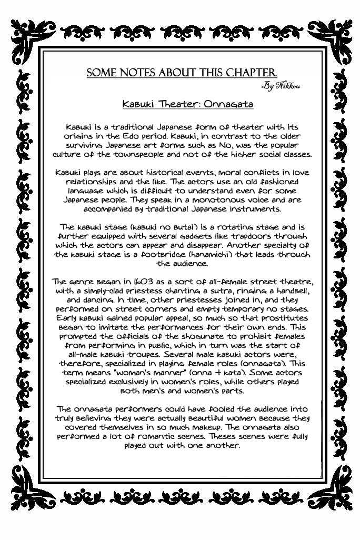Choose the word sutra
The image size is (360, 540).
225,291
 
